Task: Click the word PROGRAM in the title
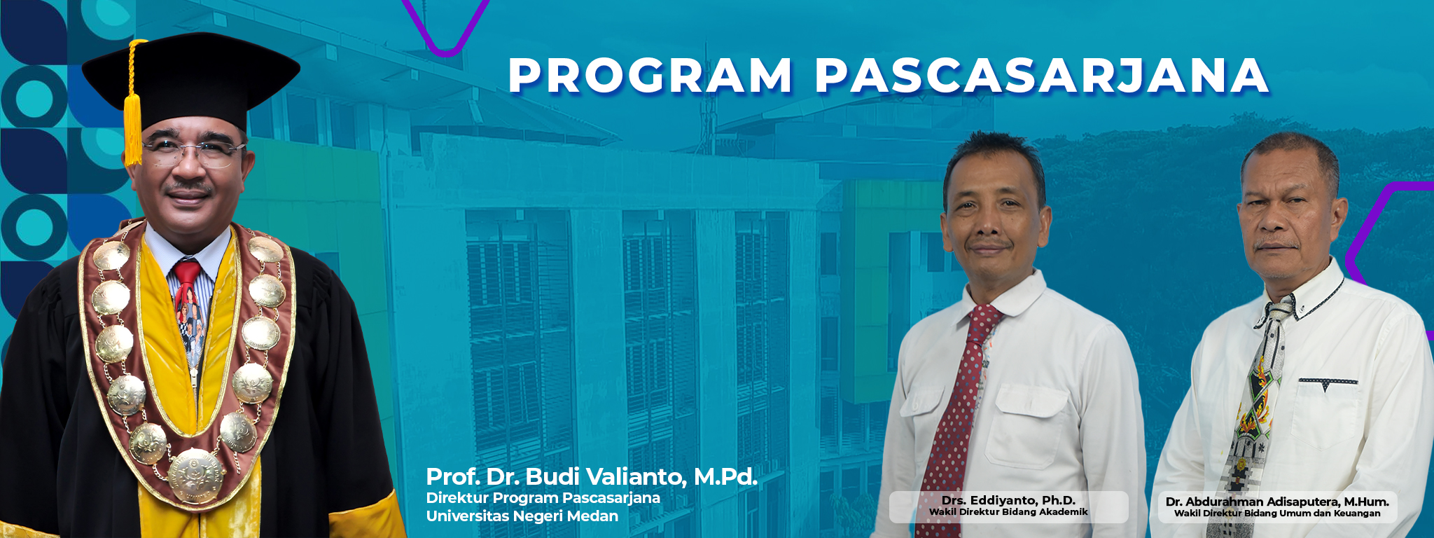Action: click(x=650, y=75)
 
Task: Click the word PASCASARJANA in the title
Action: click(x=1043, y=75)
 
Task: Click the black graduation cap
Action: click(x=190, y=81)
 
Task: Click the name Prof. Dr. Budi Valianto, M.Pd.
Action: click(x=592, y=477)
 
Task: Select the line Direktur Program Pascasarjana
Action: click(x=543, y=498)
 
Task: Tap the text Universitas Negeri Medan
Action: click(x=522, y=516)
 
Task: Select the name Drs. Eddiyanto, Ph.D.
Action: click(x=1008, y=500)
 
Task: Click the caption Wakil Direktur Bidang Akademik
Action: click(x=1008, y=512)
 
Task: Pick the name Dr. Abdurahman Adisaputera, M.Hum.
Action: click(x=1277, y=502)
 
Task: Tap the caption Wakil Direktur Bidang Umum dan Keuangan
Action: click(x=1277, y=513)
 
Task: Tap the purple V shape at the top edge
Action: click(x=445, y=28)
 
